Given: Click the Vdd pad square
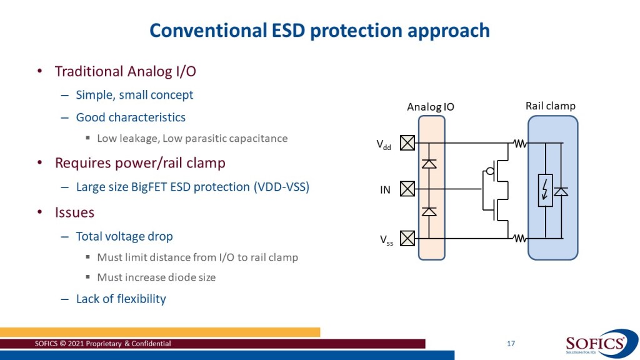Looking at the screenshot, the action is (x=407, y=143).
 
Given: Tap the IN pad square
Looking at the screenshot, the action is (x=407, y=189).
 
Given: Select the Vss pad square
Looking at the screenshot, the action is (x=407, y=238).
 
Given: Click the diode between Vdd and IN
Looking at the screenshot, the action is (x=429, y=164).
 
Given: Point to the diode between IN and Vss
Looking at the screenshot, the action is (x=429, y=211).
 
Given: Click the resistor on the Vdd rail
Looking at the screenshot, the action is (x=519, y=143).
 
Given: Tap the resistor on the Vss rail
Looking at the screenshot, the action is (x=519, y=238).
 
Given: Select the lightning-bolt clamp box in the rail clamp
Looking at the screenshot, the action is (x=545, y=191).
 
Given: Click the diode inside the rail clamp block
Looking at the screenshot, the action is (x=561, y=191).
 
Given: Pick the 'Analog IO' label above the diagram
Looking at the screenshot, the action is (x=431, y=107).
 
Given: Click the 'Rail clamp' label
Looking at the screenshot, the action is (x=550, y=106).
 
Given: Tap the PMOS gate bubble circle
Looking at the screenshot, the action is (x=490, y=171).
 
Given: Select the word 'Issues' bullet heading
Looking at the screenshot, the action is (x=75, y=212).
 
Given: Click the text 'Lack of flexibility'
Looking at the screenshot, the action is (x=121, y=299).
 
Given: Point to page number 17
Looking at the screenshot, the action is (x=511, y=344).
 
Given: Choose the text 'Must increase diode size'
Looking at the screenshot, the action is (x=156, y=277).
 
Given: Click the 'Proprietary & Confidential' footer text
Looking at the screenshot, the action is (x=128, y=344).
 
